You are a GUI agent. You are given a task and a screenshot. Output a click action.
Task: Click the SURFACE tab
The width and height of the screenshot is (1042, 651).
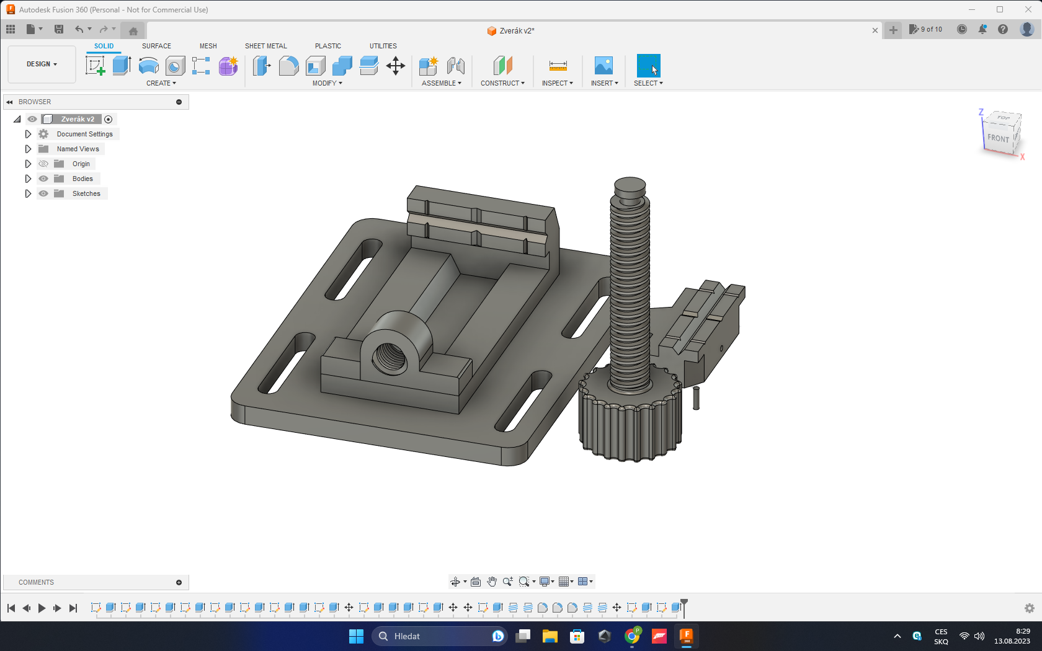coord(156,46)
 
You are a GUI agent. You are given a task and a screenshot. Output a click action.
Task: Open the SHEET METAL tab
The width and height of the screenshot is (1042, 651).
coord(265,46)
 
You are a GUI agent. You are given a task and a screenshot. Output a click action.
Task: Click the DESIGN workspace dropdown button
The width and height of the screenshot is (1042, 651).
coord(42,64)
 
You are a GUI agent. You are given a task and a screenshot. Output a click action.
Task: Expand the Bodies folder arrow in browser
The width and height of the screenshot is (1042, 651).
coord(28,179)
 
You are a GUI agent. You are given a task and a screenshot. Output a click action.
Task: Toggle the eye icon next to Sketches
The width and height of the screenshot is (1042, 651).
coord(43,193)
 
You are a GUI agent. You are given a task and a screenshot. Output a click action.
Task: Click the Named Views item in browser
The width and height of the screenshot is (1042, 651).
coord(78,149)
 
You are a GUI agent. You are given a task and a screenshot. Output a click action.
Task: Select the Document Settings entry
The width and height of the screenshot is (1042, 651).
coord(84,134)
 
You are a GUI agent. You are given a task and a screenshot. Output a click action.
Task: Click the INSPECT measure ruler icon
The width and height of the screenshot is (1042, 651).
coord(558,66)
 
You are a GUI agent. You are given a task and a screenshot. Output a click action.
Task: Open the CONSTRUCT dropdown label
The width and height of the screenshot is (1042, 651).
coord(502,83)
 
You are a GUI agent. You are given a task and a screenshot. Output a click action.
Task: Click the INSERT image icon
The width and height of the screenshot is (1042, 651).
coord(603,66)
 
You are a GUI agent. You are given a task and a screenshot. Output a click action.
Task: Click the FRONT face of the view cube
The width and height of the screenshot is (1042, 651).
coord(998,138)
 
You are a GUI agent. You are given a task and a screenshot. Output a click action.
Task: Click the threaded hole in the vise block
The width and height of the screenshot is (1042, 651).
coord(390,357)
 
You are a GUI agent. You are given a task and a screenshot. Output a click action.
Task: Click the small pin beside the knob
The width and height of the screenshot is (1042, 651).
coord(696,399)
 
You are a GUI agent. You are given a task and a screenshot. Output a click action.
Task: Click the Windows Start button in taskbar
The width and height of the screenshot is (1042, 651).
coord(356,636)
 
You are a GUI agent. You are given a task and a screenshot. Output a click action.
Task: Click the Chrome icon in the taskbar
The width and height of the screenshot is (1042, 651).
coord(632,636)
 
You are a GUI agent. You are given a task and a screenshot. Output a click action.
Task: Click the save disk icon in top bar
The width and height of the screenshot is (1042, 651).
coord(59,29)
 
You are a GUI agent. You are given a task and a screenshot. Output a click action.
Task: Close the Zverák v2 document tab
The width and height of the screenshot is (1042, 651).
coord(875,30)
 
